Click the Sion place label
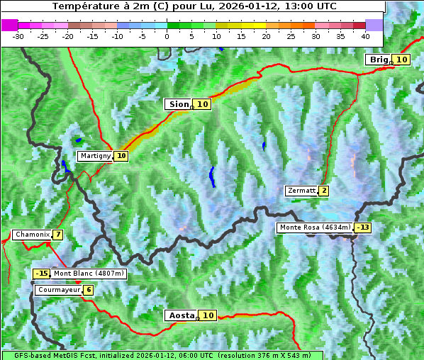[178, 104]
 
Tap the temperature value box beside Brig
[401, 60]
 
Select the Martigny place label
[95, 156]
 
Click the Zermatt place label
[301, 191]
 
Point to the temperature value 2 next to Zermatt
[324, 191]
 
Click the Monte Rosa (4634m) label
[315, 227]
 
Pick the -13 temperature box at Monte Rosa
[363, 227]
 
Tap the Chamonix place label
[31, 235]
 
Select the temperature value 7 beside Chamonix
[57, 235]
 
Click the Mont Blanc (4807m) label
[89, 274]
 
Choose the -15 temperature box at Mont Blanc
[42, 274]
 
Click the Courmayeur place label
[57, 290]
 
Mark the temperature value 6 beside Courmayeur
[88, 290]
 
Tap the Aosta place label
[180, 315]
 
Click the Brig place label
[379, 60]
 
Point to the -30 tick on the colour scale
[18, 35]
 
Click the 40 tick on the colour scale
[365, 35]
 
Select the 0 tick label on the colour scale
[167, 35]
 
